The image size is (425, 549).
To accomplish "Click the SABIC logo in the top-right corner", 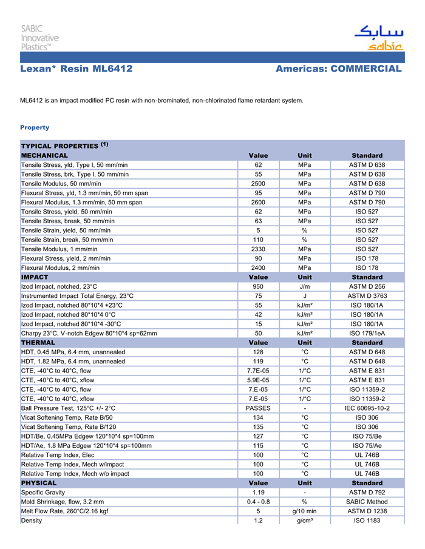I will coord(378,37).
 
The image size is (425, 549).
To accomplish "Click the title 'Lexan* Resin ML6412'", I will coord(76,69).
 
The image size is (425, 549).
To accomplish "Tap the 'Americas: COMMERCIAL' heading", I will coord(338,69).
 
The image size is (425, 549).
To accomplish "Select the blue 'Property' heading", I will coord(35,127).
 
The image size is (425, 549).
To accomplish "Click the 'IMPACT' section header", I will coord(35,277).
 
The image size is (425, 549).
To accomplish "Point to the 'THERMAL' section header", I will coord(38,342).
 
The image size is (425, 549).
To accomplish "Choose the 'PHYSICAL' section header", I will coord(39,483).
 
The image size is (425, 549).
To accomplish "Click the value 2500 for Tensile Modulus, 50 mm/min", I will coord(258,184).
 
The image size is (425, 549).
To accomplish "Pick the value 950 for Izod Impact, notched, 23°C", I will coord(258,286).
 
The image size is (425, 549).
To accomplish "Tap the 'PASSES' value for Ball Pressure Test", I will coord(258,408).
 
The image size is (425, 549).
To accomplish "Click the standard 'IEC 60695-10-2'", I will coord(367,408).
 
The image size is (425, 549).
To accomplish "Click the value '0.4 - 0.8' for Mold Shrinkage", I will coord(258,502).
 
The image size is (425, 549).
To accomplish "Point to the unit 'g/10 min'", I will coord(305,511).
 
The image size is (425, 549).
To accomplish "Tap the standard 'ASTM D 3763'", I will coord(367,296).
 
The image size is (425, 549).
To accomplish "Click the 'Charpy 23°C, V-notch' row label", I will coord(89,333).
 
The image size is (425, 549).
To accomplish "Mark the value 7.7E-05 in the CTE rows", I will coord(258,371).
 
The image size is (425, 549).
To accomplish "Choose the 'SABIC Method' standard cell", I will coord(367,502).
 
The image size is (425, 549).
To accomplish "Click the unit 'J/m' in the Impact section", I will coord(305,286).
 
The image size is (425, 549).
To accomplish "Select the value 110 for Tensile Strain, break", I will coord(258,240).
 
